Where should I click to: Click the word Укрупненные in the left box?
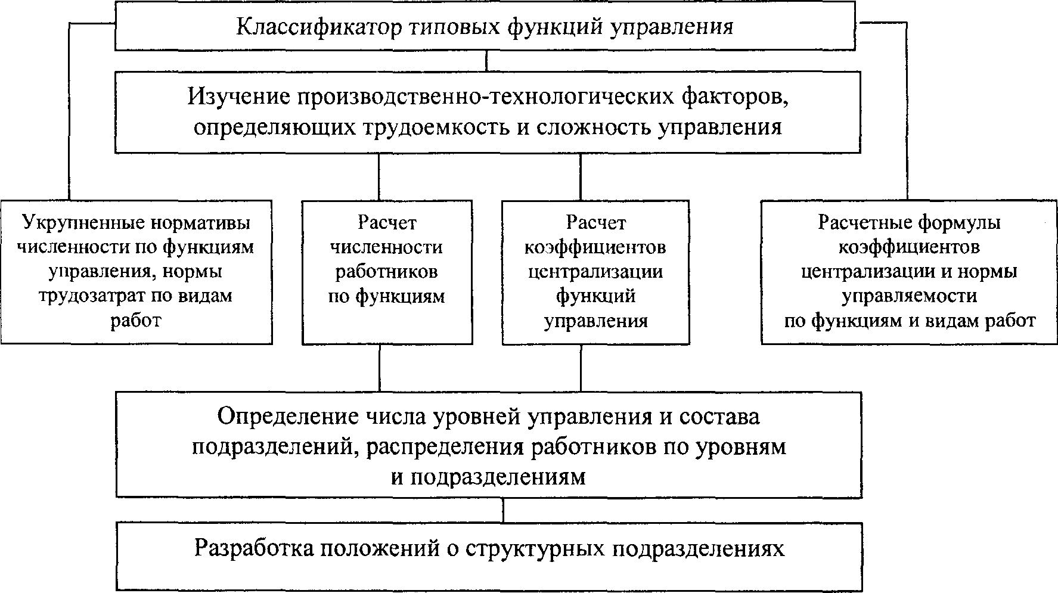coord(86,223)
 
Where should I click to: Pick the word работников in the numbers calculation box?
coord(387,272)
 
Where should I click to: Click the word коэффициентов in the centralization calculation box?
coord(595,247)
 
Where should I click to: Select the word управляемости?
coord(910,296)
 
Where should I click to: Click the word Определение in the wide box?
coord(285,416)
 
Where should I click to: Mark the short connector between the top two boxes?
coord(488,61)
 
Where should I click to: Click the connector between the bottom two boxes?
coord(504,510)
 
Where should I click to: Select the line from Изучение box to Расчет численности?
coord(379,176)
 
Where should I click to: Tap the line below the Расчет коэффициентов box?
coord(581,368)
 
